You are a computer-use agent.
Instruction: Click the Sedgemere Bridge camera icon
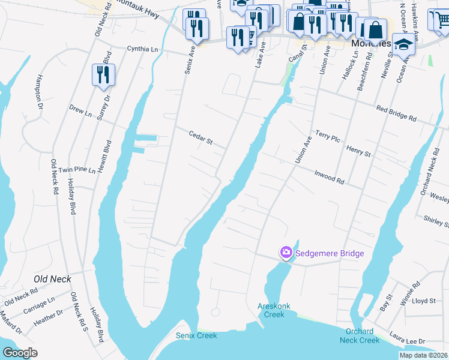(286, 253)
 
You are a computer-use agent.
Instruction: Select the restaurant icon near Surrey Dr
(103, 75)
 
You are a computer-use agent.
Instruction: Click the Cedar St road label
(201, 137)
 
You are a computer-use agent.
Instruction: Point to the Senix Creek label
(196, 335)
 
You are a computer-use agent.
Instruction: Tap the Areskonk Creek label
(274, 310)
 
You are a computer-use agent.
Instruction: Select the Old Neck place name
(52, 279)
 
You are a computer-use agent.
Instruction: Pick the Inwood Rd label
(329, 177)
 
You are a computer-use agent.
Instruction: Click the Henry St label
(358, 150)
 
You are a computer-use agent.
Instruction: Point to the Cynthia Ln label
(142, 49)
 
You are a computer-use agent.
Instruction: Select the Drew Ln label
(80, 112)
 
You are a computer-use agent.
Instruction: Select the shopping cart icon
(440, 20)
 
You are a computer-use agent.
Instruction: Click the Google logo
(20, 353)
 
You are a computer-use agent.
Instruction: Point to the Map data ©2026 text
(423, 355)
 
